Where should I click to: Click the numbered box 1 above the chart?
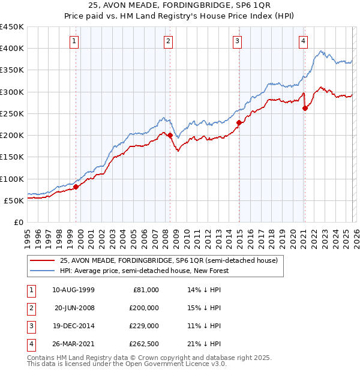pyautogui.click(x=74, y=41)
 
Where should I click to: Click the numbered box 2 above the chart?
pyautogui.click(x=168, y=41)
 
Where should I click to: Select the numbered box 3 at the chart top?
pyautogui.click(x=238, y=41)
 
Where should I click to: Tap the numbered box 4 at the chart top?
pyautogui.click(x=303, y=41)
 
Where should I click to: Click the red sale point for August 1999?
pyautogui.click(x=76, y=187)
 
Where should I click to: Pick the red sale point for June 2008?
pyautogui.click(x=170, y=136)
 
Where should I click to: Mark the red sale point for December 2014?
pyautogui.click(x=239, y=123)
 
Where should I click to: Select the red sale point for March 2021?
pyautogui.click(x=305, y=108)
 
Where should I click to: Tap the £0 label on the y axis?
pyautogui.click(x=18, y=222)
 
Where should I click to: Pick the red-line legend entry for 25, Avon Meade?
pyautogui.click(x=169, y=261)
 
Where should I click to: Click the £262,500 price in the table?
pyautogui.click(x=145, y=344)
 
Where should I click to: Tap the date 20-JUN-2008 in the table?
pyautogui.click(x=74, y=308)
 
